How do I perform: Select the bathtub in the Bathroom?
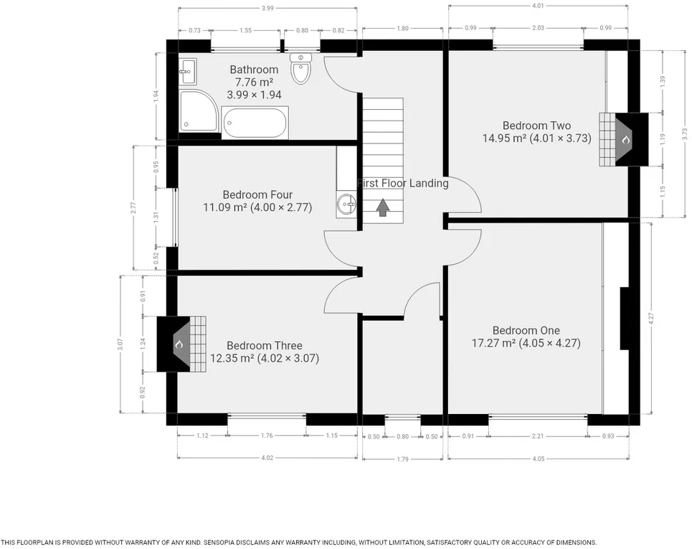[x=255, y=122]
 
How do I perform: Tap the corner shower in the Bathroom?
[x=198, y=111]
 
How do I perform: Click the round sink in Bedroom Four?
[x=346, y=205]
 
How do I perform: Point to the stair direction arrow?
[x=383, y=207]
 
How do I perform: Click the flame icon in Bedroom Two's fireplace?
[x=626, y=140]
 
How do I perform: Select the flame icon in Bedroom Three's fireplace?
[x=179, y=344]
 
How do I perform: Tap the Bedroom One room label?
[x=526, y=330]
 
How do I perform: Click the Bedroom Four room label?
[x=257, y=194]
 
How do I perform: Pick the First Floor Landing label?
[x=403, y=183]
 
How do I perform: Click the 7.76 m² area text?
[x=254, y=82]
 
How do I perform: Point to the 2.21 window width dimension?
[x=538, y=436]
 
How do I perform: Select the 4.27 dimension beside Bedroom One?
[x=651, y=319]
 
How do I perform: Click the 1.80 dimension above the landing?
[x=402, y=28]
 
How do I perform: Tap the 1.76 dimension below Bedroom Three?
[x=267, y=436]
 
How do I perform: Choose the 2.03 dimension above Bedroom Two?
[x=538, y=28]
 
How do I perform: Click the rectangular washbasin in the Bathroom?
[x=188, y=70]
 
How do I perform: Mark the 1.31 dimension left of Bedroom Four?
[x=156, y=217]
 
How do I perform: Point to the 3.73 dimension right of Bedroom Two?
[x=685, y=133]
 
